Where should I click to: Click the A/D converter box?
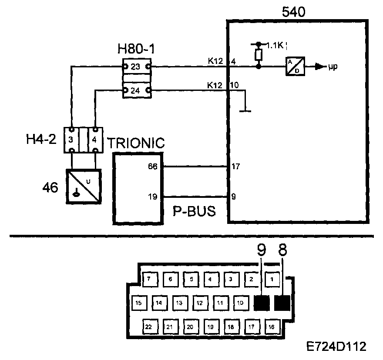(x=295, y=67)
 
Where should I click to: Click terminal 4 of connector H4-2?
(x=95, y=140)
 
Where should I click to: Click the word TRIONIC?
(x=136, y=143)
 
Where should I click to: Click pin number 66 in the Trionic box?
(x=152, y=167)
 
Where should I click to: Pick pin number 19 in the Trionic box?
(x=152, y=197)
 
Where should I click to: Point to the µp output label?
(x=333, y=67)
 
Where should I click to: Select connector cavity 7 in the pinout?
(x=149, y=280)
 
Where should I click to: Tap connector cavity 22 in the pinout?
(x=149, y=327)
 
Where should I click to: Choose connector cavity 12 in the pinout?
(x=199, y=302)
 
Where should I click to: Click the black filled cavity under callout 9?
(x=262, y=303)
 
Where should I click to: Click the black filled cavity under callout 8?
(x=282, y=303)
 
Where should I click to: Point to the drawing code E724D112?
(x=336, y=347)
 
